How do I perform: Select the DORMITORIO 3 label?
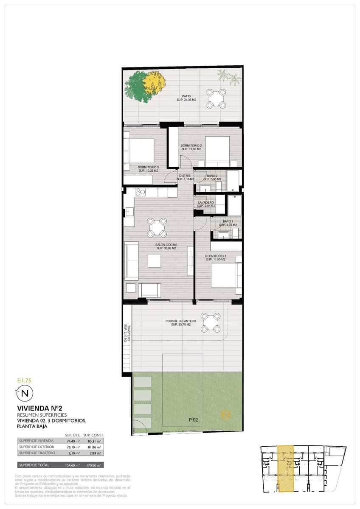pyautogui.click(x=148, y=168)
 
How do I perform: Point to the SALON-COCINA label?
pyautogui.click(x=166, y=246)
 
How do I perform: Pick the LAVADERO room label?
pyautogui.click(x=206, y=203)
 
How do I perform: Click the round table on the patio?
pyautogui.click(x=216, y=99)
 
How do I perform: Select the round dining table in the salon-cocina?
pyautogui.click(x=157, y=227)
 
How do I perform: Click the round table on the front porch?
pyautogui.click(x=211, y=323)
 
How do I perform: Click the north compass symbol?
pyautogui.click(x=24, y=393)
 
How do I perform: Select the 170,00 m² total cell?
pyautogui.click(x=94, y=465)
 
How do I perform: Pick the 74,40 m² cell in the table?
pyautogui.click(x=73, y=441)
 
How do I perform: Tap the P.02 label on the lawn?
pyautogui.click(x=194, y=420)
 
